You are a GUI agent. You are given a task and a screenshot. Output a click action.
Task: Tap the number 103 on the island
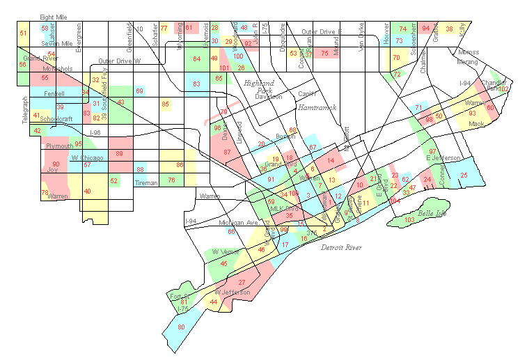(x=409, y=220)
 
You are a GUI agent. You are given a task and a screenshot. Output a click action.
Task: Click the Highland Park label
(x=258, y=86)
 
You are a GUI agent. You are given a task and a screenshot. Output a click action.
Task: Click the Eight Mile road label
(x=55, y=16)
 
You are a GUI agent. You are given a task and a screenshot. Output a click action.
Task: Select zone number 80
(x=181, y=327)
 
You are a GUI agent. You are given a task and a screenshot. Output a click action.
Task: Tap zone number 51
(x=23, y=33)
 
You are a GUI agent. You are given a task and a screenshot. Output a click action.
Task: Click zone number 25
(x=464, y=175)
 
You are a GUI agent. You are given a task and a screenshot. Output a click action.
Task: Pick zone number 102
(x=503, y=89)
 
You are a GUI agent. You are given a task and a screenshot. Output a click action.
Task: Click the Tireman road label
(x=146, y=183)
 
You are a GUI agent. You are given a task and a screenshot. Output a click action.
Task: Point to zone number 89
(x=120, y=154)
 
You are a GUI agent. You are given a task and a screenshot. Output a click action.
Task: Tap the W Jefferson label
(x=233, y=292)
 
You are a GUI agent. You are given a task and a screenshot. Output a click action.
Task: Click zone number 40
(x=87, y=191)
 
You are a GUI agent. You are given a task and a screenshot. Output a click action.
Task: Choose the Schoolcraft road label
(x=56, y=118)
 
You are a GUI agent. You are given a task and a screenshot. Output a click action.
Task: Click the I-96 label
(x=95, y=133)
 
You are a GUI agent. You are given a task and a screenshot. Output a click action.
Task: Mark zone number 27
(x=242, y=282)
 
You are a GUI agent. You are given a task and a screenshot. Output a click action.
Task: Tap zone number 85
(x=165, y=104)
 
